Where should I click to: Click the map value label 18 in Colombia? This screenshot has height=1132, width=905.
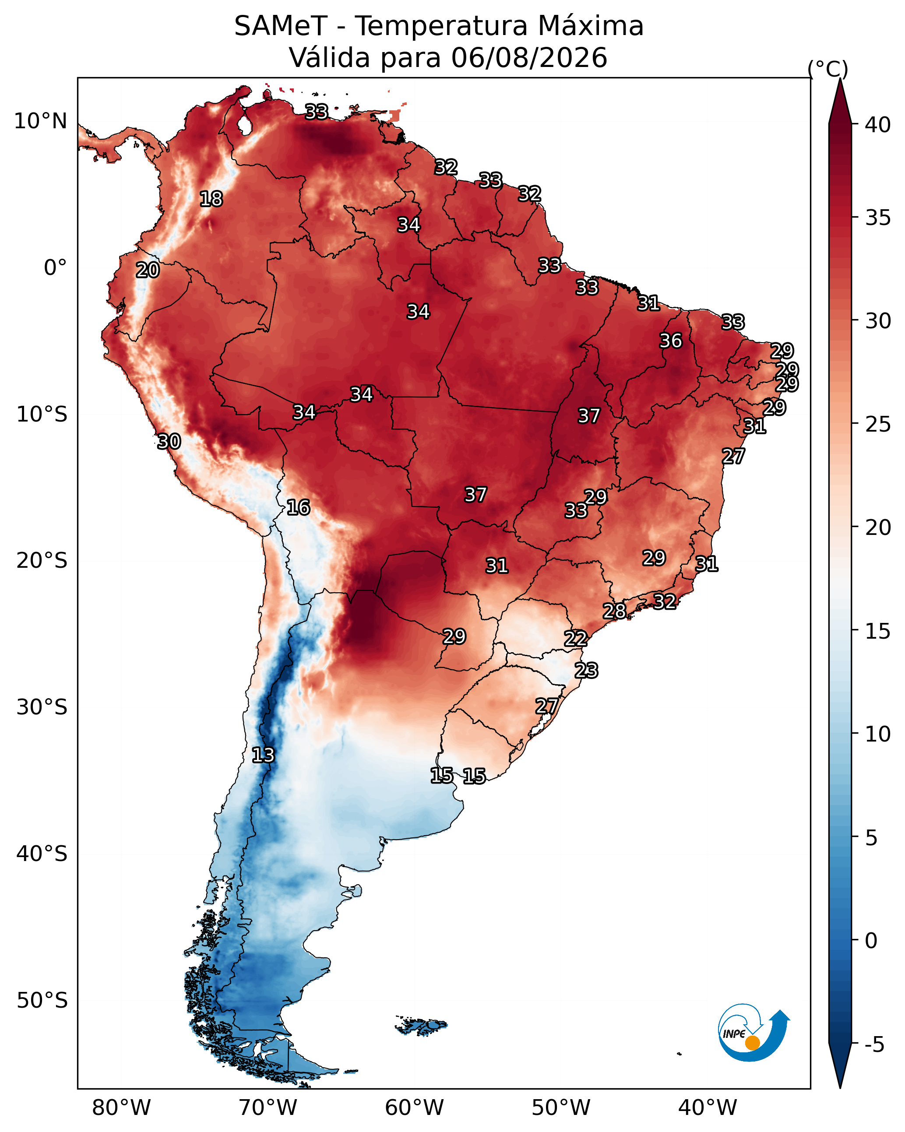click(x=211, y=199)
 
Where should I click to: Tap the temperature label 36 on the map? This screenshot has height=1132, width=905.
click(x=671, y=341)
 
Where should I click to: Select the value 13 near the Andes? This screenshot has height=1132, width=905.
click(x=263, y=755)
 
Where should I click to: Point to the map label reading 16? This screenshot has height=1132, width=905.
click(x=298, y=507)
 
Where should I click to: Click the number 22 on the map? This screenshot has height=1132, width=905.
click(x=576, y=639)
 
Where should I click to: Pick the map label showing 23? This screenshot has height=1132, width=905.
click(x=586, y=671)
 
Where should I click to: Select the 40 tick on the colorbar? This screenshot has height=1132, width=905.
click(x=878, y=125)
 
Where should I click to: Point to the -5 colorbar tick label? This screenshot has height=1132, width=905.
click(x=874, y=1045)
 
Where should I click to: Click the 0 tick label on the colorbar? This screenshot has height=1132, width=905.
click(x=871, y=941)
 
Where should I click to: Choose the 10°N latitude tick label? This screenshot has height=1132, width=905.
click(x=40, y=121)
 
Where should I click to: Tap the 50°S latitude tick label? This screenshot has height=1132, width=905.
click(x=42, y=1001)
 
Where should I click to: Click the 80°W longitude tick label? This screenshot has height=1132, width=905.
click(x=121, y=1107)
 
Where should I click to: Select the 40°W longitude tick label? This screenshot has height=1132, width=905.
click(x=708, y=1107)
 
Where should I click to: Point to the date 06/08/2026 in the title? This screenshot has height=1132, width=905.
click(x=529, y=57)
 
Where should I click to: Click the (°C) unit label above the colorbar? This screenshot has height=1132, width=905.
click(x=828, y=69)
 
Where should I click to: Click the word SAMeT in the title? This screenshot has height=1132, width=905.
click(x=281, y=26)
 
